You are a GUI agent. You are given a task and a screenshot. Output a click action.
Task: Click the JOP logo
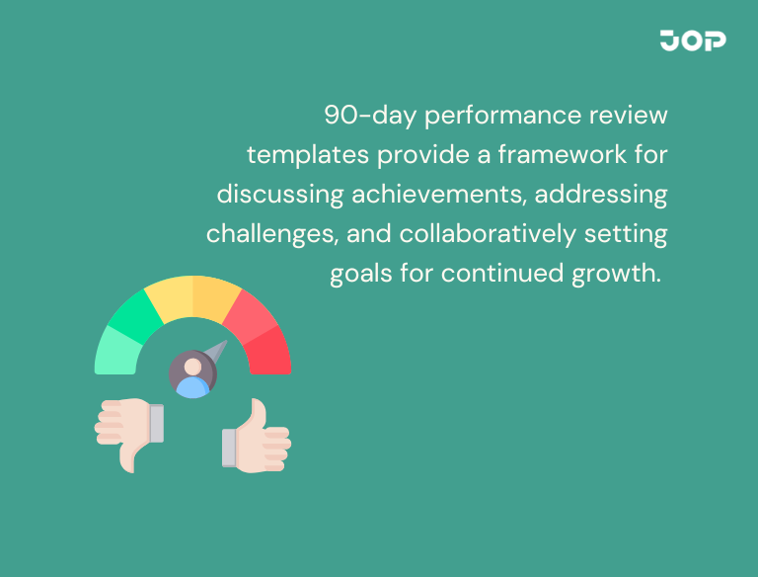[x=693, y=41]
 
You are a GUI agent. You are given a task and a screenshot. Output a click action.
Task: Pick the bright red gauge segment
[x=268, y=350]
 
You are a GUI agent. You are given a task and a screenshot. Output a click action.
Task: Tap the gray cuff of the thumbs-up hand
[x=229, y=448]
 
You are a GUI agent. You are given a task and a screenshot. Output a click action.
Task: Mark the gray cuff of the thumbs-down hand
[x=156, y=422]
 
